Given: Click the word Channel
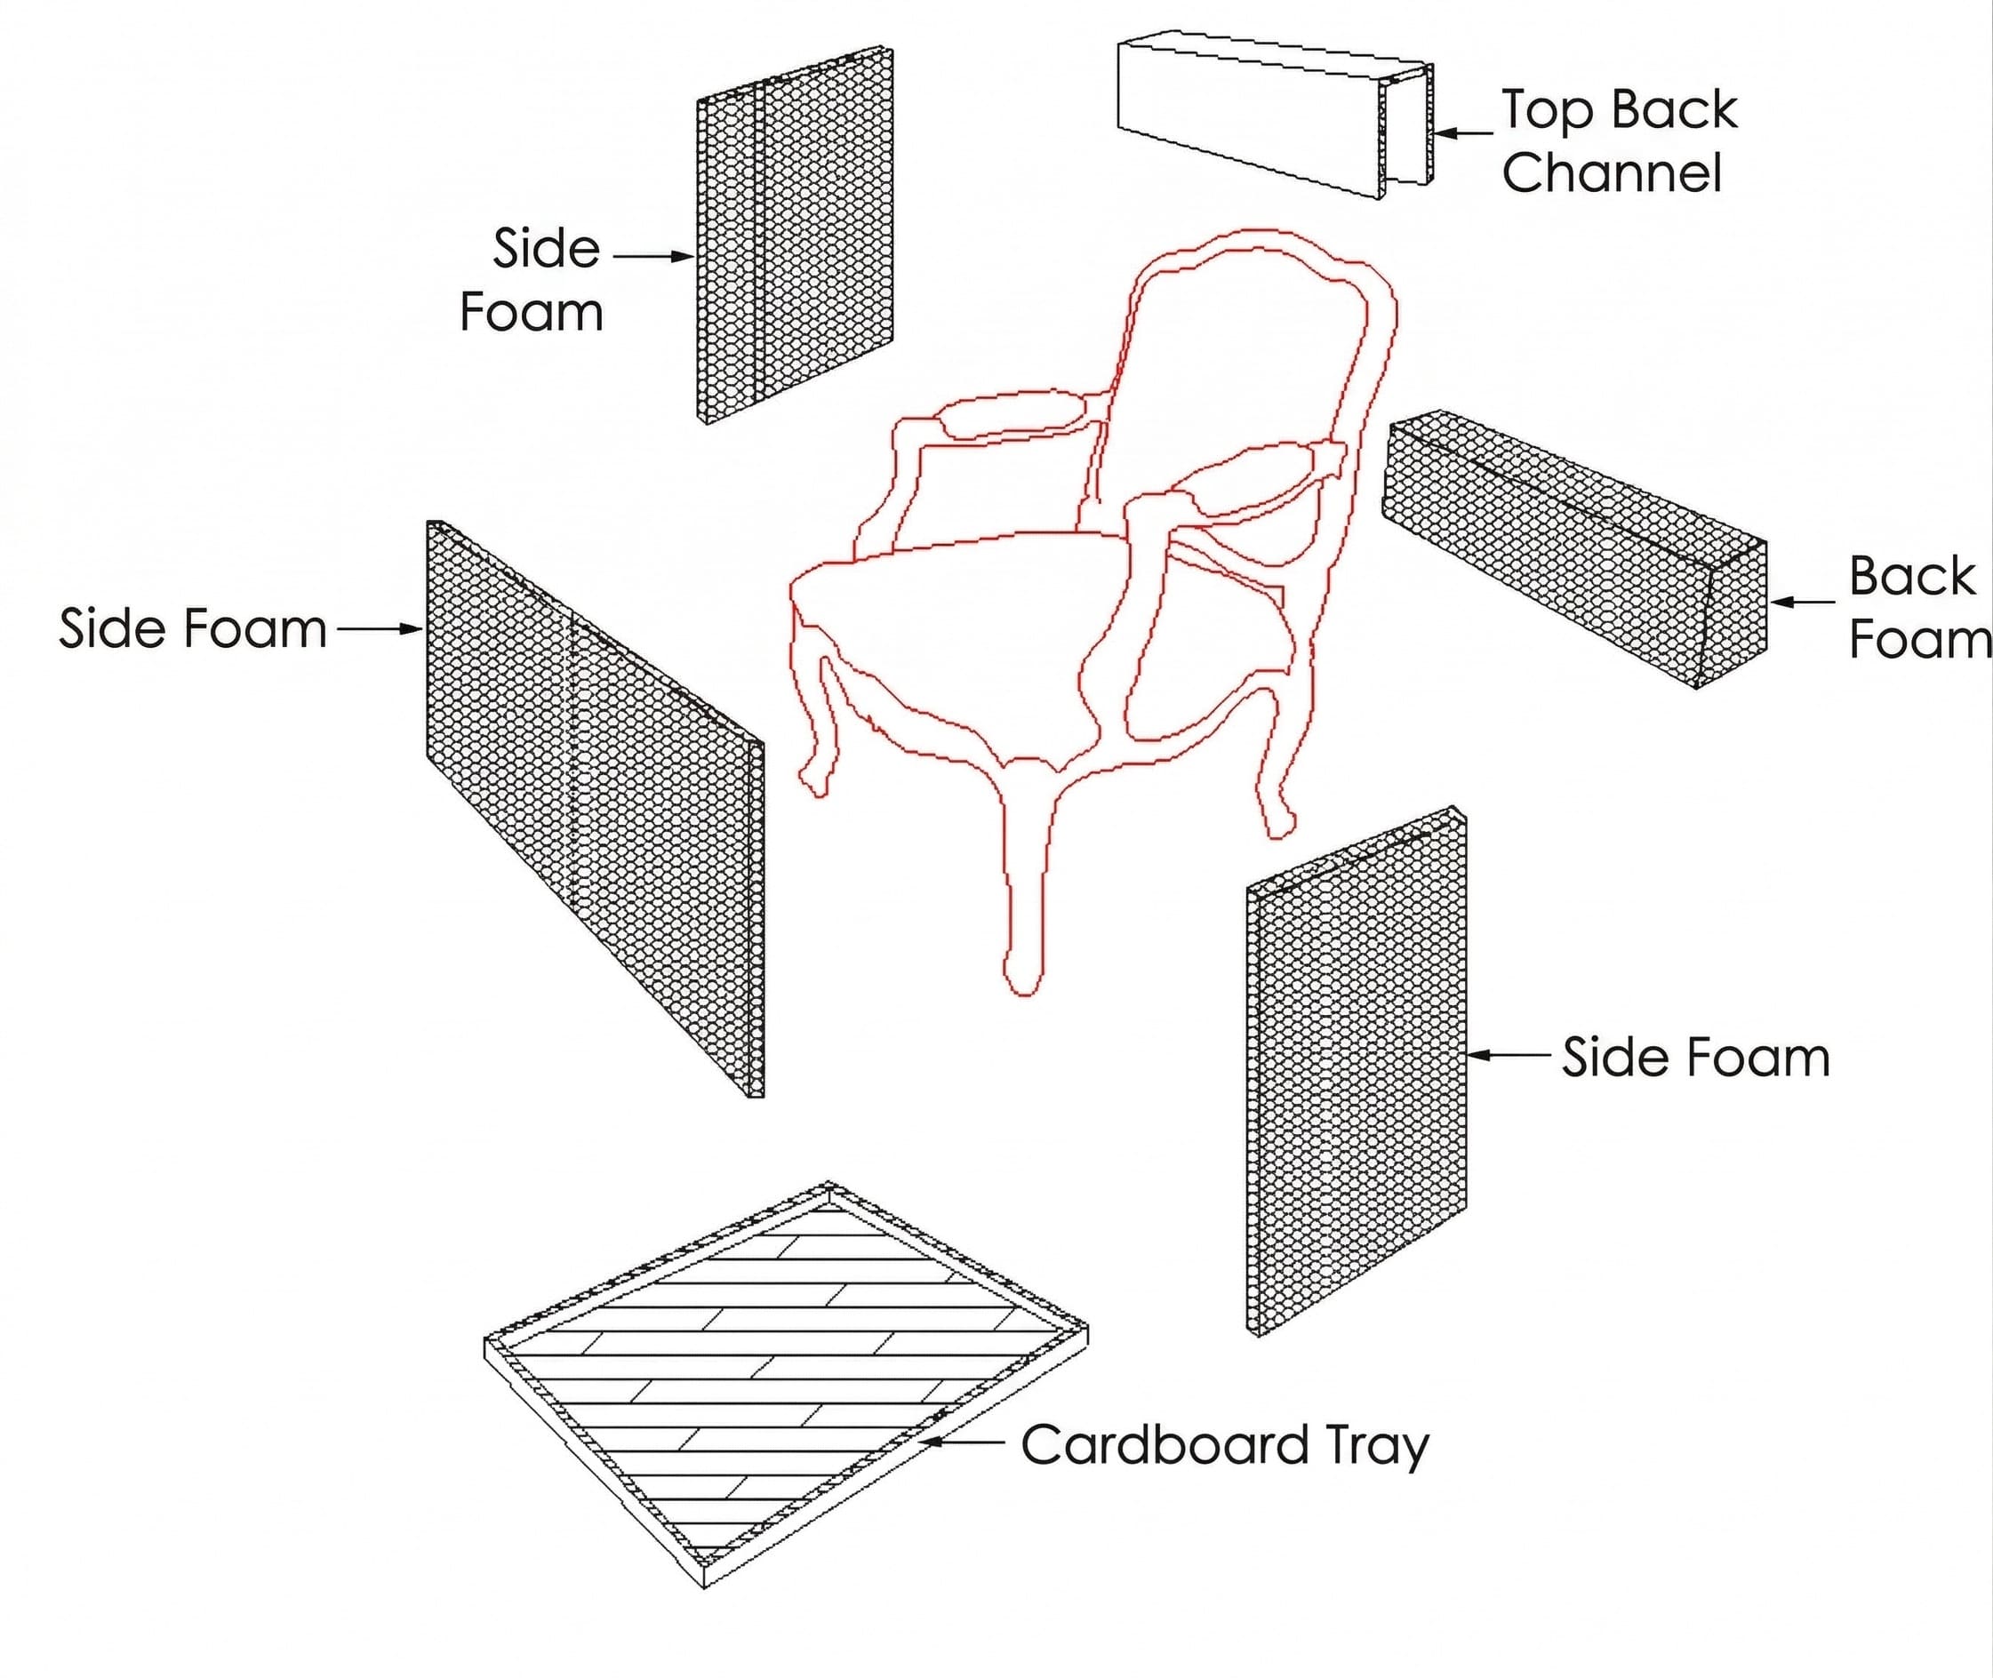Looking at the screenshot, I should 1612,173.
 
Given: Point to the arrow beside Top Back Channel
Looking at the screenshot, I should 1463,134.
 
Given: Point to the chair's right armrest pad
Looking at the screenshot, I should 1256,475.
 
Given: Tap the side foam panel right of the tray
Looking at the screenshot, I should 1356,1070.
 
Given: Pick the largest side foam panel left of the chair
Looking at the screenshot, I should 595,809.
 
